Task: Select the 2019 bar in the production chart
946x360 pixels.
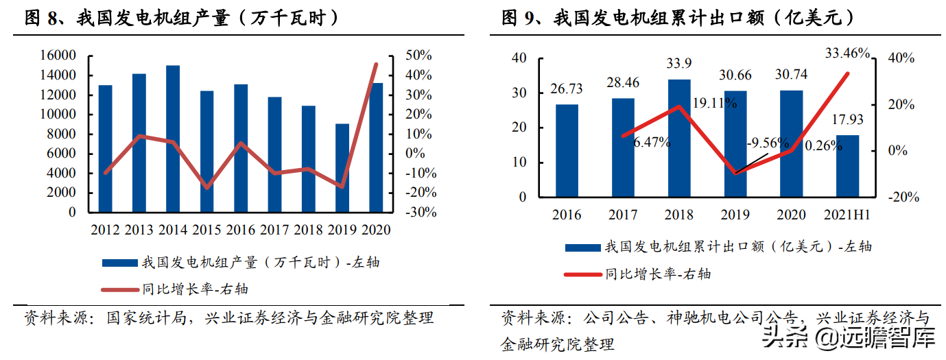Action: (342, 168)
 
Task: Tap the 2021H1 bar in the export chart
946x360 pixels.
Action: (847, 166)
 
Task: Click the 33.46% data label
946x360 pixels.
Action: (847, 53)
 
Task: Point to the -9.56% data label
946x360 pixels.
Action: (768, 143)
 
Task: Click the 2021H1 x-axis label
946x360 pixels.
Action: (847, 215)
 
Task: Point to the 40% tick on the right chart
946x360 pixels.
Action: (900, 59)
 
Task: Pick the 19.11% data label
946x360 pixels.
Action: (716, 103)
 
